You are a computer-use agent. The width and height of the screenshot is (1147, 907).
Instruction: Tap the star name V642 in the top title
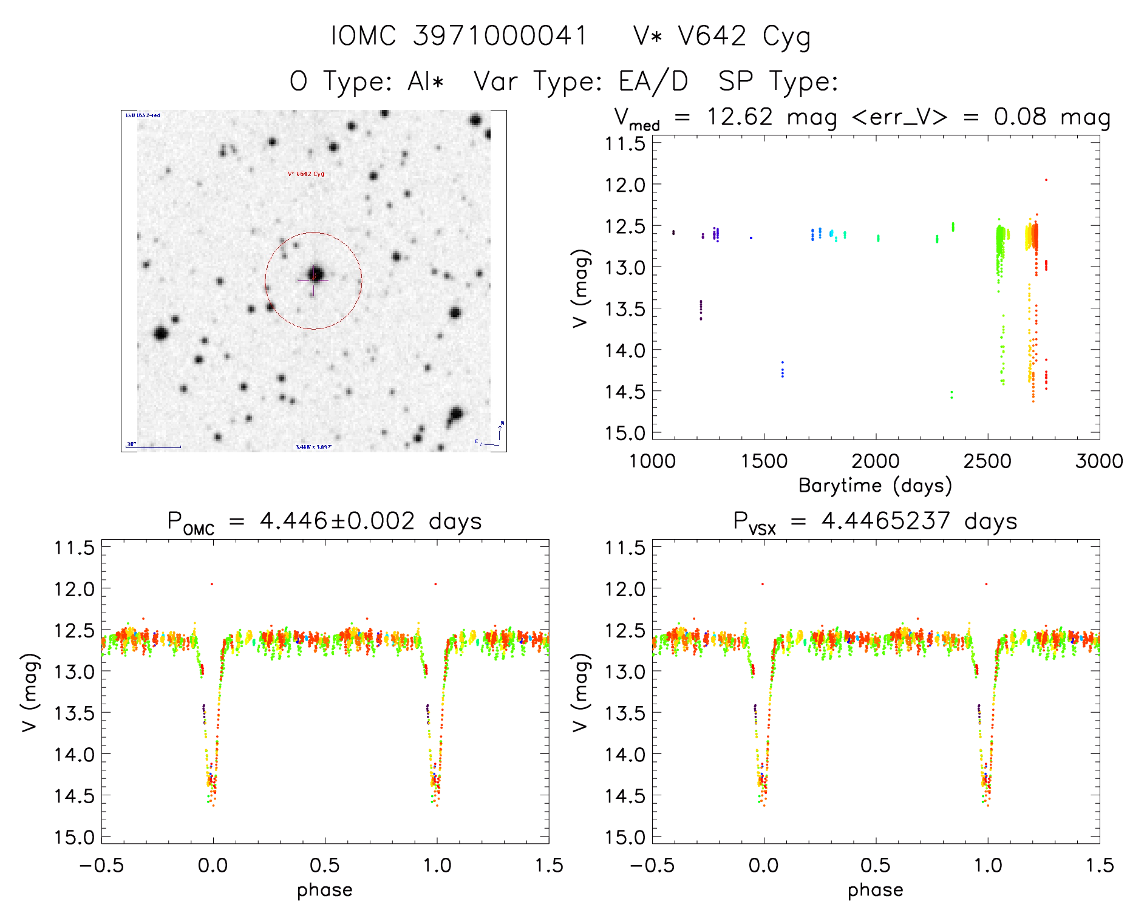[x=712, y=36]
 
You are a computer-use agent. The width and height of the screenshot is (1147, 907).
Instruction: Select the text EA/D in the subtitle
[x=653, y=81]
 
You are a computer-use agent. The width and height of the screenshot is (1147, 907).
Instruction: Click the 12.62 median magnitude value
[x=739, y=117]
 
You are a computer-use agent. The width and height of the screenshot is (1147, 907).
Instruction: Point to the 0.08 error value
[x=1020, y=117]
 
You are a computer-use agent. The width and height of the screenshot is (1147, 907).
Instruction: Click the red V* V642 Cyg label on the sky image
[x=306, y=174]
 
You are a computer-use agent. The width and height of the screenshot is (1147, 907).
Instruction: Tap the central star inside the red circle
[x=315, y=274]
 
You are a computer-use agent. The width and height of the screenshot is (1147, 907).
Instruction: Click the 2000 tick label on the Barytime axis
[x=876, y=461]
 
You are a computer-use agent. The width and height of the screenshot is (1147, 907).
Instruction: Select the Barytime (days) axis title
[x=875, y=486]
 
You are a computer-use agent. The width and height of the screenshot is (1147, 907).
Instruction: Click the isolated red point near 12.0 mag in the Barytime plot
[x=1046, y=180]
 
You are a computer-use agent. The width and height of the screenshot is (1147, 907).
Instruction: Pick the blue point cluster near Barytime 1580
[x=782, y=369]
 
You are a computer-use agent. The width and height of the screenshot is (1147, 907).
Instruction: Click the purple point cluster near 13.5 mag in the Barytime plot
[x=701, y=310]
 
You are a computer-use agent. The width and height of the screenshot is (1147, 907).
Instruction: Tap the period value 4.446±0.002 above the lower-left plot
[x=337, y=521]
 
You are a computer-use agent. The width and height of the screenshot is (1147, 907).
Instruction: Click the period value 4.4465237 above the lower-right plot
[x=885, y=521]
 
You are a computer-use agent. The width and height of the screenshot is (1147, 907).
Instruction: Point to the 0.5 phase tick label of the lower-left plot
[x=325, y=865]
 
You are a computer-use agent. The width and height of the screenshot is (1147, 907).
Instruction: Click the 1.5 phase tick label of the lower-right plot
[x=1099, y=865]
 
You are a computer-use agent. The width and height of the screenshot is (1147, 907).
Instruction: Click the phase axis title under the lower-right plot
[x=875, y=890]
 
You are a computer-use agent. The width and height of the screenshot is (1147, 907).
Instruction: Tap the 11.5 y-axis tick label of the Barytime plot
[x=625, y=144]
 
